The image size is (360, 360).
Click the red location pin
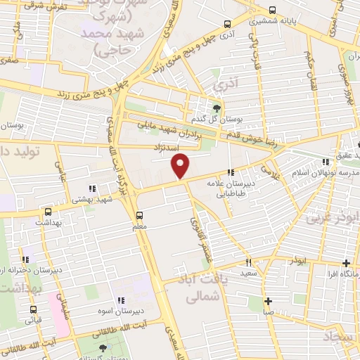point(181,166)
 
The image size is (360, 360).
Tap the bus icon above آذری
point(226,22)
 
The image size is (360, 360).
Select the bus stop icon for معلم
point(139,215)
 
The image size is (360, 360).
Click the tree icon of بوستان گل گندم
point(216,108)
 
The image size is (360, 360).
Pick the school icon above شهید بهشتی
point(93,188)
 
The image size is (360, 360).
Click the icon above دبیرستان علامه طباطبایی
point(230,173)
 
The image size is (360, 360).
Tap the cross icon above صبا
point(268,301)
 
